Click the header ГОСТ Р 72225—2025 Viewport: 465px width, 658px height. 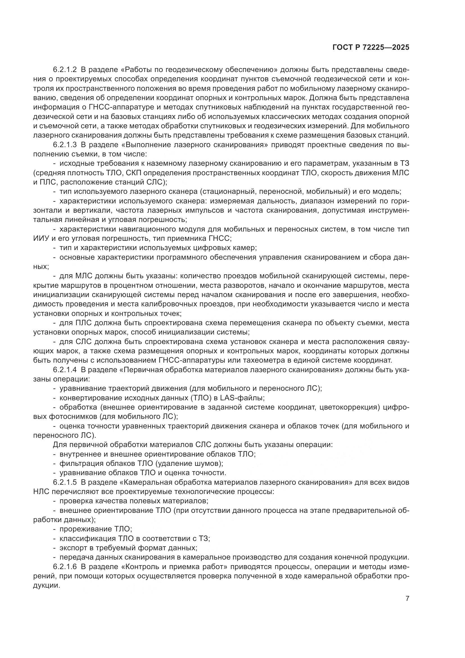[x=371, y=48]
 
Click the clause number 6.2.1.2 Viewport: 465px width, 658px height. [x=65, y=70]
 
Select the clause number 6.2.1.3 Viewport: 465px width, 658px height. [x=65, y=145]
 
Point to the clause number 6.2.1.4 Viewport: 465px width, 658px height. [x=65, y=370]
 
